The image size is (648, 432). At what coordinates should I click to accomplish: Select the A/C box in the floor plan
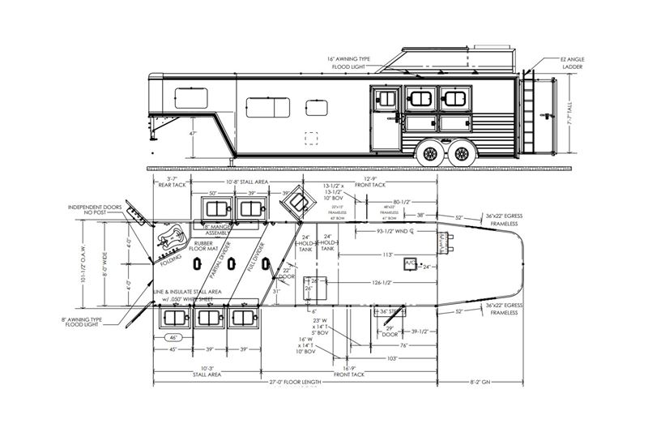tap(410, 264)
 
